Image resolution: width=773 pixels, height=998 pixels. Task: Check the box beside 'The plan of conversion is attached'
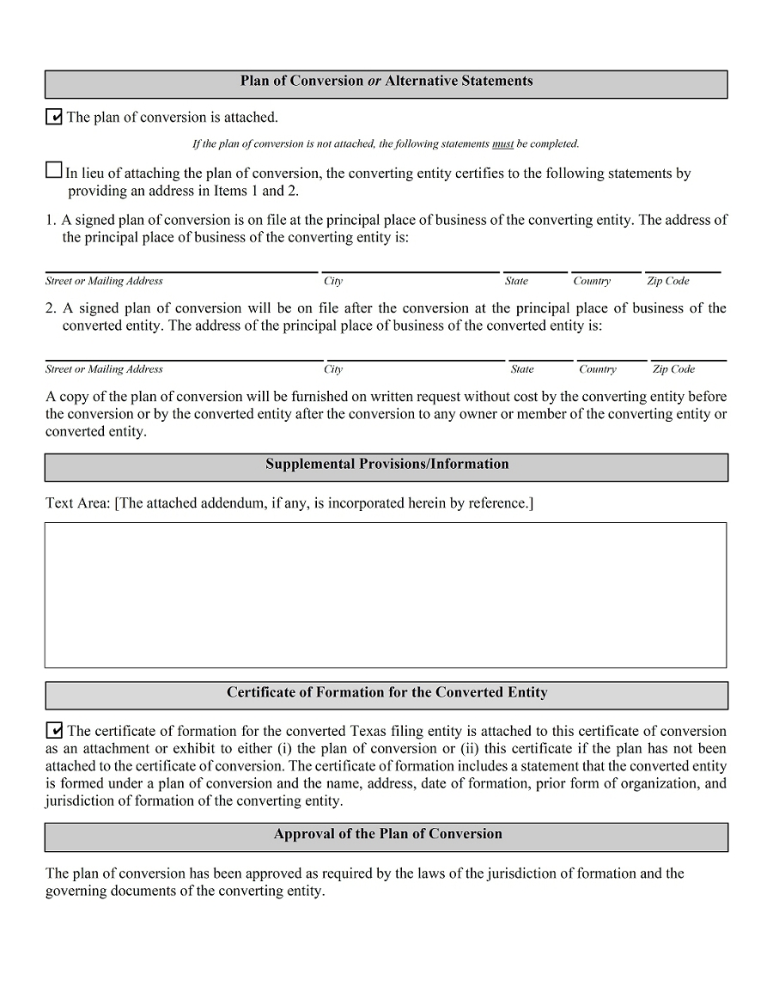[53, 117]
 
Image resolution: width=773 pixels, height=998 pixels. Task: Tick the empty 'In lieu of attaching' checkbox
[53, 170]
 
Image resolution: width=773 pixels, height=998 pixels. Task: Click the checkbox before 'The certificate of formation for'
[53, 731]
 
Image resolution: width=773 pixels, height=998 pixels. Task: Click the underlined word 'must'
[502, 144]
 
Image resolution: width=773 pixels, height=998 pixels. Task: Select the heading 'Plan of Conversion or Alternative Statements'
[386, 82]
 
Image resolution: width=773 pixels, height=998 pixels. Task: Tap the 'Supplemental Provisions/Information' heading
[386, 465]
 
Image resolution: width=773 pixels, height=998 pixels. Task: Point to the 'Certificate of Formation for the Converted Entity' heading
[386, 693]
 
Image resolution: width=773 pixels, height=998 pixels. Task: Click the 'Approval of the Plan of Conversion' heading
[386, 835]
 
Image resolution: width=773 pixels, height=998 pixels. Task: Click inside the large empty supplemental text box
[386, 594]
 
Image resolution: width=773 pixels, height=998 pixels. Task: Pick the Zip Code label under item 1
[668, 282]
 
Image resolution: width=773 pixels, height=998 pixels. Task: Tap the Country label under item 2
[597, 370]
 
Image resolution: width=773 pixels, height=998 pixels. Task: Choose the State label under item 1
[516, 282]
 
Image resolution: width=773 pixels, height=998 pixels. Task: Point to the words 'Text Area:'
[77, 503]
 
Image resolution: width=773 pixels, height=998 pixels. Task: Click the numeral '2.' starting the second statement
[52, 308]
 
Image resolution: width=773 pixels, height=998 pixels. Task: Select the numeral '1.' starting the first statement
[52, 220]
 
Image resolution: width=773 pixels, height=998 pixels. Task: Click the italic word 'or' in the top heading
[374, 82]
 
